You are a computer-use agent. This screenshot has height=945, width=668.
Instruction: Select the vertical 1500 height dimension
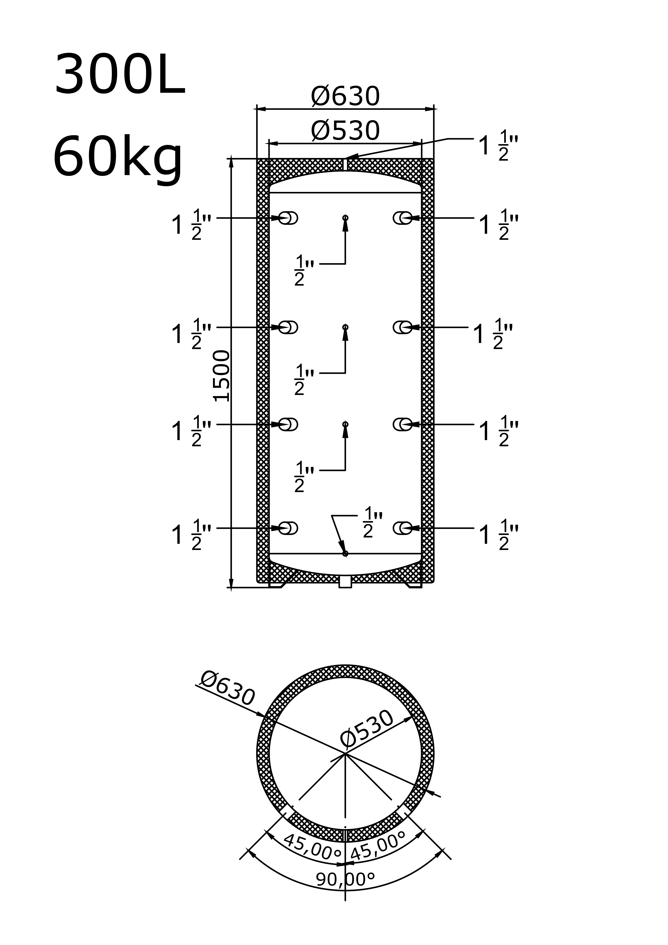(x=222, y=376)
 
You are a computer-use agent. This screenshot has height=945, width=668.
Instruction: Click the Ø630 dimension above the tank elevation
(x=345, y=96)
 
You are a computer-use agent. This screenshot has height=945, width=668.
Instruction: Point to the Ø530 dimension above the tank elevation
(x=345, y=131)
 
